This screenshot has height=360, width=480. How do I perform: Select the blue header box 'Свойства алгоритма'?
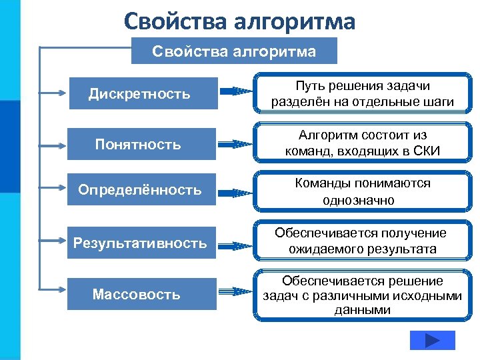pyautogui.click(x=234, y=51)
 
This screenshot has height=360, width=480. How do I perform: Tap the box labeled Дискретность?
pyautogui.click(x=143, y=94)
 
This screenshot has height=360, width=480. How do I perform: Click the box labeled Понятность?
pyautogui.click(x=143, y=144)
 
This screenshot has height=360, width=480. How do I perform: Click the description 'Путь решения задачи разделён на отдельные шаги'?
pyautogui.click(x=362, y=94)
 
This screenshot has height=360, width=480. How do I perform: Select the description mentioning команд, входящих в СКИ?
pyautogui.click(x=362, y=143)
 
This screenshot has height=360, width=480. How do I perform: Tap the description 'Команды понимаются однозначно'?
pyautogui.click(x=362, y=191)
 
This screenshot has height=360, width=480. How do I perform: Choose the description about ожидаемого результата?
pyautogui.click(x=362, y=241)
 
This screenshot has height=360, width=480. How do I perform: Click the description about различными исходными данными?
pyautogui.click(x=362, y=295)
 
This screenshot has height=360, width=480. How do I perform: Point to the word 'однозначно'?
pyautogui.click(x=362, y=200)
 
